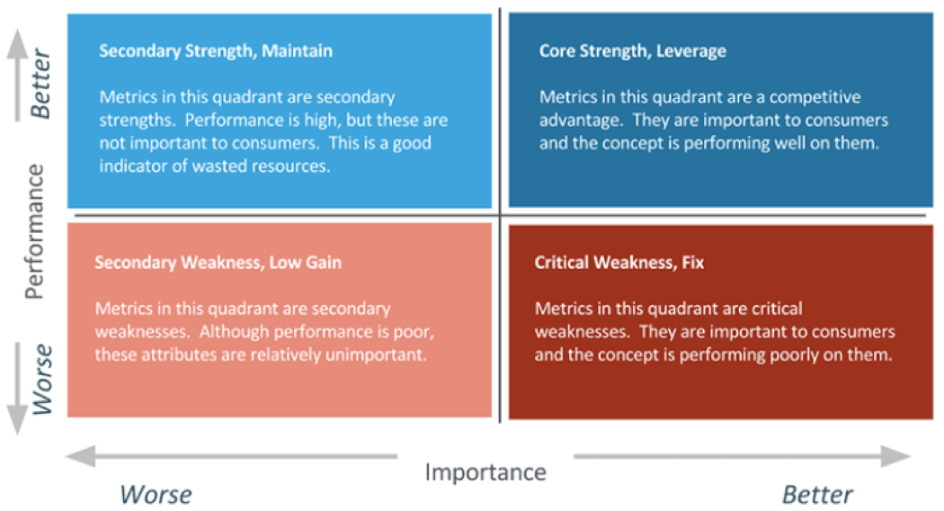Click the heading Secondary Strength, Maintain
[x=216, y=50]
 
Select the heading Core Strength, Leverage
[x=632, y=50]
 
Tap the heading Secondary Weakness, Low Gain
[x=218, y=263]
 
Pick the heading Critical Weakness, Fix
[x=619, y=263]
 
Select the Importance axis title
[x=485, y=471]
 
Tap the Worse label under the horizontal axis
[x=156, y=494]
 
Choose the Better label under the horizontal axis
[x=817, y=494]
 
